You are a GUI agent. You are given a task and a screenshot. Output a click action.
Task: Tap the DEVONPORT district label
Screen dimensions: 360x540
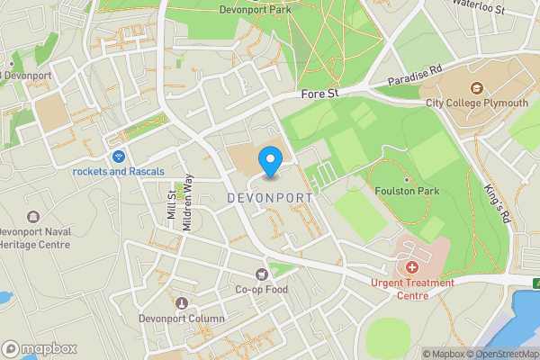(270, 197)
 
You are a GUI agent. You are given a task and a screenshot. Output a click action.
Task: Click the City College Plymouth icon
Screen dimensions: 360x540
(477, 88)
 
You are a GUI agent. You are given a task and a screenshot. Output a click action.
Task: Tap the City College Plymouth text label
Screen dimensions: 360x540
(477, 103)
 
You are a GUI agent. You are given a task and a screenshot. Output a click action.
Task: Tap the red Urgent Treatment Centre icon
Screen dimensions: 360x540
(412, 267)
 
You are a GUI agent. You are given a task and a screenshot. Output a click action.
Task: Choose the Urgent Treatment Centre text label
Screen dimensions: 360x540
(412, 289)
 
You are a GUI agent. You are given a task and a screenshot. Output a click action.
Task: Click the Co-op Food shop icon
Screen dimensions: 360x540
(262, 274)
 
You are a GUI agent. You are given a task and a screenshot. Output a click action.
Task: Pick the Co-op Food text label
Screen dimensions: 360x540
(262, 290)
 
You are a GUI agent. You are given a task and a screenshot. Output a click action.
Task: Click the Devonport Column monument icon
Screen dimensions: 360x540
(182, 303)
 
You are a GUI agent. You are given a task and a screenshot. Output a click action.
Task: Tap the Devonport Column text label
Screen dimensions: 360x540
(182, 319)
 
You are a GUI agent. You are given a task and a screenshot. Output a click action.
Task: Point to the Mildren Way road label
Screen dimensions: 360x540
(188, 202)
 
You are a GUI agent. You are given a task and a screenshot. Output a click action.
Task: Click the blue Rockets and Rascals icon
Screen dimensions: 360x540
(119, 157)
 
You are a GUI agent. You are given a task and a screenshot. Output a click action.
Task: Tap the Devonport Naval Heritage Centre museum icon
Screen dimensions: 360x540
(33, 217)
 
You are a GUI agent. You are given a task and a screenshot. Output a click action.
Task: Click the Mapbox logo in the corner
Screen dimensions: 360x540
(40, 348)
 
